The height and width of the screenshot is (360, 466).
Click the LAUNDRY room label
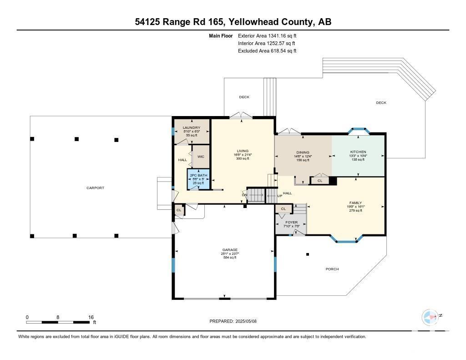(x=191, y=128)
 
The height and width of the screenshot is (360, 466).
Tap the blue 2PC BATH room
(x=199, y=179)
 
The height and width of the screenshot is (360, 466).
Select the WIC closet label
(x=201, y=157)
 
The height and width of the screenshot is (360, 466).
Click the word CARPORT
(x=96, y=188)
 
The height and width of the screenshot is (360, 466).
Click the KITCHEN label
(x=358, y=152)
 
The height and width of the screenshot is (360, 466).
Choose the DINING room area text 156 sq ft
(x=302, y=160)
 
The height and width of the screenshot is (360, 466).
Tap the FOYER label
(x=291, y=223)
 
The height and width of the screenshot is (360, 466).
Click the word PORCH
(x=332, y=269)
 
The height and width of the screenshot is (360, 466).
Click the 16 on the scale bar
(x=91, y=317)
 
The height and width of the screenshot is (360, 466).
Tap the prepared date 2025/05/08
(x=249, y=321)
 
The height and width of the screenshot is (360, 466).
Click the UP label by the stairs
(x=273, y=196)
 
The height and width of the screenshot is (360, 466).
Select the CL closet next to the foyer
(x=284, y=209)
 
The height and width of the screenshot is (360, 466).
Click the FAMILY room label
(x=356, y=203)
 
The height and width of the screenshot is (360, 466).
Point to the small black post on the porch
(x=308, y=254)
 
